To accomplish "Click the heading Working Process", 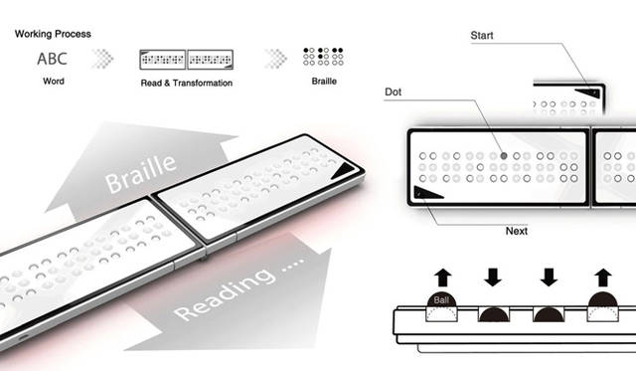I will [x=53, y=33].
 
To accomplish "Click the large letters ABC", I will [x=52, y=60].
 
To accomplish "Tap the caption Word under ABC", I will [x=53, y=82].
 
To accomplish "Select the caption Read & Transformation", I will [x=187, y=83].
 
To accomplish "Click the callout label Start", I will [x=483, y=35].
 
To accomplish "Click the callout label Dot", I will [x=395, y=93].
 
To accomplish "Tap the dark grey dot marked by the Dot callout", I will [x=504, y=155].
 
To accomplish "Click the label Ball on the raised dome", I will [x=439, y=297].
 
